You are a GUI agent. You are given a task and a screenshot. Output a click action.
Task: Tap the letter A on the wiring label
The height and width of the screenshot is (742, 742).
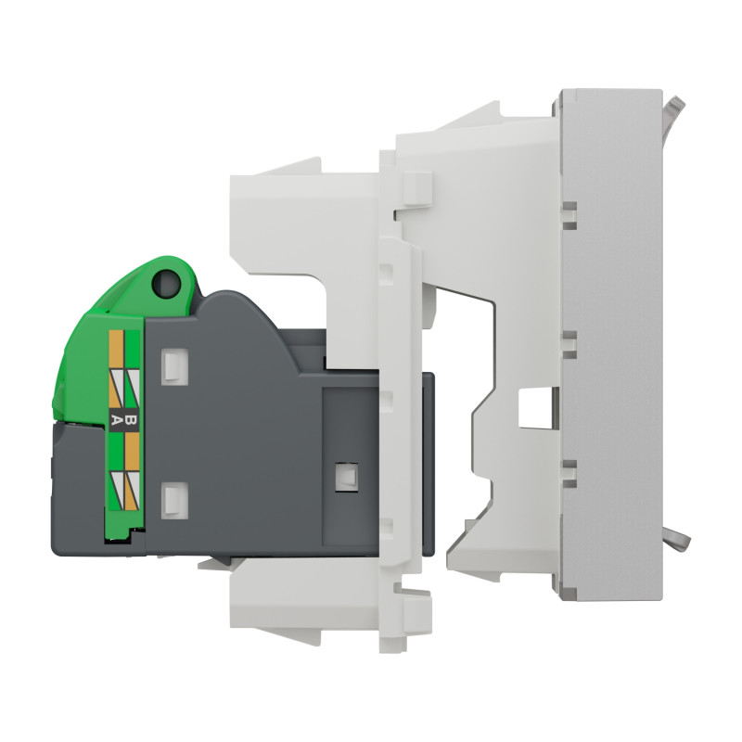[x=117, y=419]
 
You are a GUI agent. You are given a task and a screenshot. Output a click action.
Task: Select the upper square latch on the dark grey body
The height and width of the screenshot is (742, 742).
[x=172, y=365]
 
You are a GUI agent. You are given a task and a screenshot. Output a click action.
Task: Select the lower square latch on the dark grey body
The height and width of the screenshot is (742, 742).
[x=172, y=500]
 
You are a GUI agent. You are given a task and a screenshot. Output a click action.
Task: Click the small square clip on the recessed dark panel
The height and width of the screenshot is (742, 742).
[x=347, y=475]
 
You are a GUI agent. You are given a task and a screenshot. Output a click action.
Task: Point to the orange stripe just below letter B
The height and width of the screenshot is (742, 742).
[x=131, y=450]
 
